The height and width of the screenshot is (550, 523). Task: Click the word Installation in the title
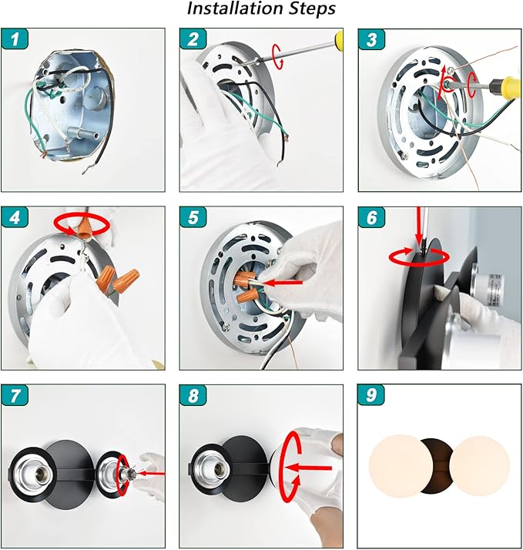(235, 8)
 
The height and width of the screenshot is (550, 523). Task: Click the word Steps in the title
(312, 9)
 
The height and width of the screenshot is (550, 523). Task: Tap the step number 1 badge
(15, 39)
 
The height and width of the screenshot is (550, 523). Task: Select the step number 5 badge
(193, 217)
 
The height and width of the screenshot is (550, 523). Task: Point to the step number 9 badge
(371, 395)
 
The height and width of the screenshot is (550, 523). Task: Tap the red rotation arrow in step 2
(278, 56)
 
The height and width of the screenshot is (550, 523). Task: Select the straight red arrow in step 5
(283, 282)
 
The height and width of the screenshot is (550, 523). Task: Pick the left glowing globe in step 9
(401, 465)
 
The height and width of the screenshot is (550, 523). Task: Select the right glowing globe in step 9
(479, 466)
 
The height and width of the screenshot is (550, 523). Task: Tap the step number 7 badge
(15, 395)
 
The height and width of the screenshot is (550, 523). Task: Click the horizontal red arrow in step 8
(308, 468)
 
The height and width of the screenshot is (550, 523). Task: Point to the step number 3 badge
(371, 39)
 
